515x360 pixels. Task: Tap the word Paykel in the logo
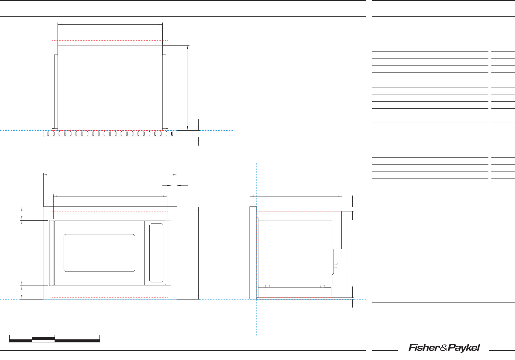tap(464, 348)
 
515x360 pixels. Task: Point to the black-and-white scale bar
tap(55, 339)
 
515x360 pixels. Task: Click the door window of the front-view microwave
tap(99, 253)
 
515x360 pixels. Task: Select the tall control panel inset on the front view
tap(156, 253)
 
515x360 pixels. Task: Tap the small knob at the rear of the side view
tap(337, 266)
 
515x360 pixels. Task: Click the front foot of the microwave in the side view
tap(266, 286)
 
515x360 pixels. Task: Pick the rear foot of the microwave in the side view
tap(322, 286)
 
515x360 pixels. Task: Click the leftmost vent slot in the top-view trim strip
tap(48, 134)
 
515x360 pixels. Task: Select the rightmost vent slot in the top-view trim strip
tap(172, 134)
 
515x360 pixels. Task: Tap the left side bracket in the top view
tap(56, 91)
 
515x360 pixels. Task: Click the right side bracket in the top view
tap(164, 91)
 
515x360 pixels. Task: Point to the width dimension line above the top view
tap(110, 24)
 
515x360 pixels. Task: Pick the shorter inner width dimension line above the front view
tap(110, 196)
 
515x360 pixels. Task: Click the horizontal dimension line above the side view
tap(296, 196)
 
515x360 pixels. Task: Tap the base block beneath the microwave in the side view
tap(294, 293)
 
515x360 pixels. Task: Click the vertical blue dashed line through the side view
tap(257, 319)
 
